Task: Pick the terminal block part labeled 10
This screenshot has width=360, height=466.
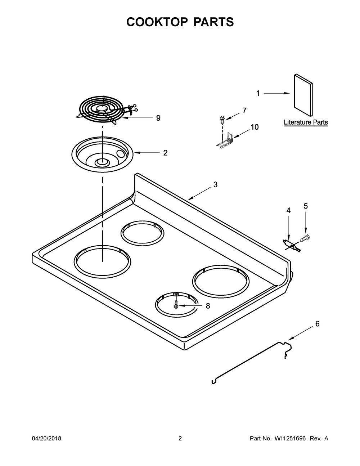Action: (x=226, y=140)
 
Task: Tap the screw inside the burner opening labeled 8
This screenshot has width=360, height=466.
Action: (x=176, y=306)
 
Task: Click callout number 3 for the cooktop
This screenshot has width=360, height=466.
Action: (x=215, y=185)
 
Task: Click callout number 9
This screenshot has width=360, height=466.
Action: (x=158, y=118)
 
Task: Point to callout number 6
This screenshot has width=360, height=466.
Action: (x=317, y=324)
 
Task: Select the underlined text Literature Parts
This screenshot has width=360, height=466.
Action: (x=306, y=122)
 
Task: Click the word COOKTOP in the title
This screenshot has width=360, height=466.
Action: (x=157, y=22)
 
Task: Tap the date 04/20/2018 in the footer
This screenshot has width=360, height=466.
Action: (x=46, y=438)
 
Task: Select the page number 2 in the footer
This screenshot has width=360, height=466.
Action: (x=180, y=438)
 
